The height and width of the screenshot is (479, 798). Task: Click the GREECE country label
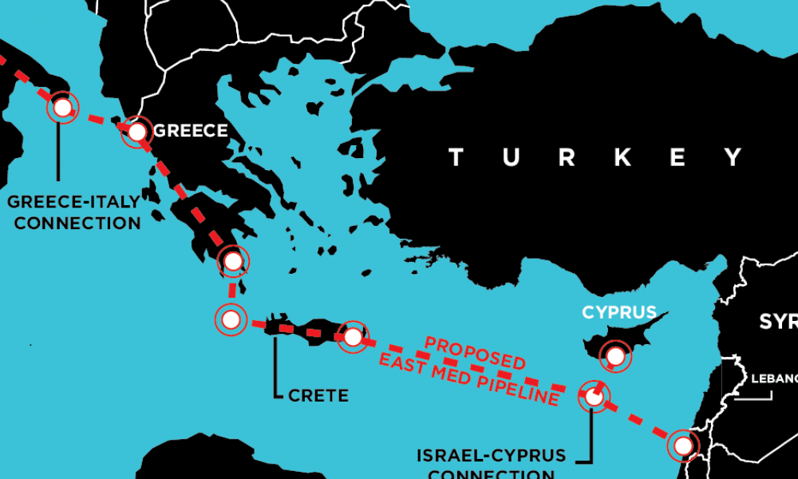pos(190,130)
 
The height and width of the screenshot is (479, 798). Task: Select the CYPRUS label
pos(619,312)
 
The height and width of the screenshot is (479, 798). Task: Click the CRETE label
pos(318,395)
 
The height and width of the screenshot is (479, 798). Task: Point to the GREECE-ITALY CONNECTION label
pos(77,212)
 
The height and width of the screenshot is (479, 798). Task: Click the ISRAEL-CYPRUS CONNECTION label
pos(491,464)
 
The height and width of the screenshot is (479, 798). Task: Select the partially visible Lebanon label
pos(773,378)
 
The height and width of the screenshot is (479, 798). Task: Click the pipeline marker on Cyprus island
pos(615,355)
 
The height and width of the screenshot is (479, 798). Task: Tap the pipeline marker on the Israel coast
pos(683,445)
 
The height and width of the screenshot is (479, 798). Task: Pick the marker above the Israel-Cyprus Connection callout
pos(593,395)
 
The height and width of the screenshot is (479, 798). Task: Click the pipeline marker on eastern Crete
pos(353,337)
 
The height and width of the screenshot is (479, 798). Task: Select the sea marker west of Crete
pos(231,320)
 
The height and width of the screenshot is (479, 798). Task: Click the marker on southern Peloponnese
pos(232,260)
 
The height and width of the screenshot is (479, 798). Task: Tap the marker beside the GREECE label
pos(137,131)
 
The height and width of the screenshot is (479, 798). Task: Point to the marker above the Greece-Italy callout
pos(61,108)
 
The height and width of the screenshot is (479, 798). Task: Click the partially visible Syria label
pos(778,322)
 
